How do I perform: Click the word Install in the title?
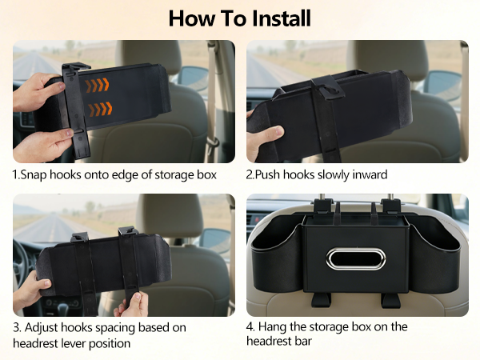(278, 18)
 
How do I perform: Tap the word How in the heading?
(189, 18)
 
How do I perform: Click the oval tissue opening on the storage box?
(357, 258)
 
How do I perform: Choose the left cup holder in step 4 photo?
(273, 256)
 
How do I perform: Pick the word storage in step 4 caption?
(328, 326)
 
